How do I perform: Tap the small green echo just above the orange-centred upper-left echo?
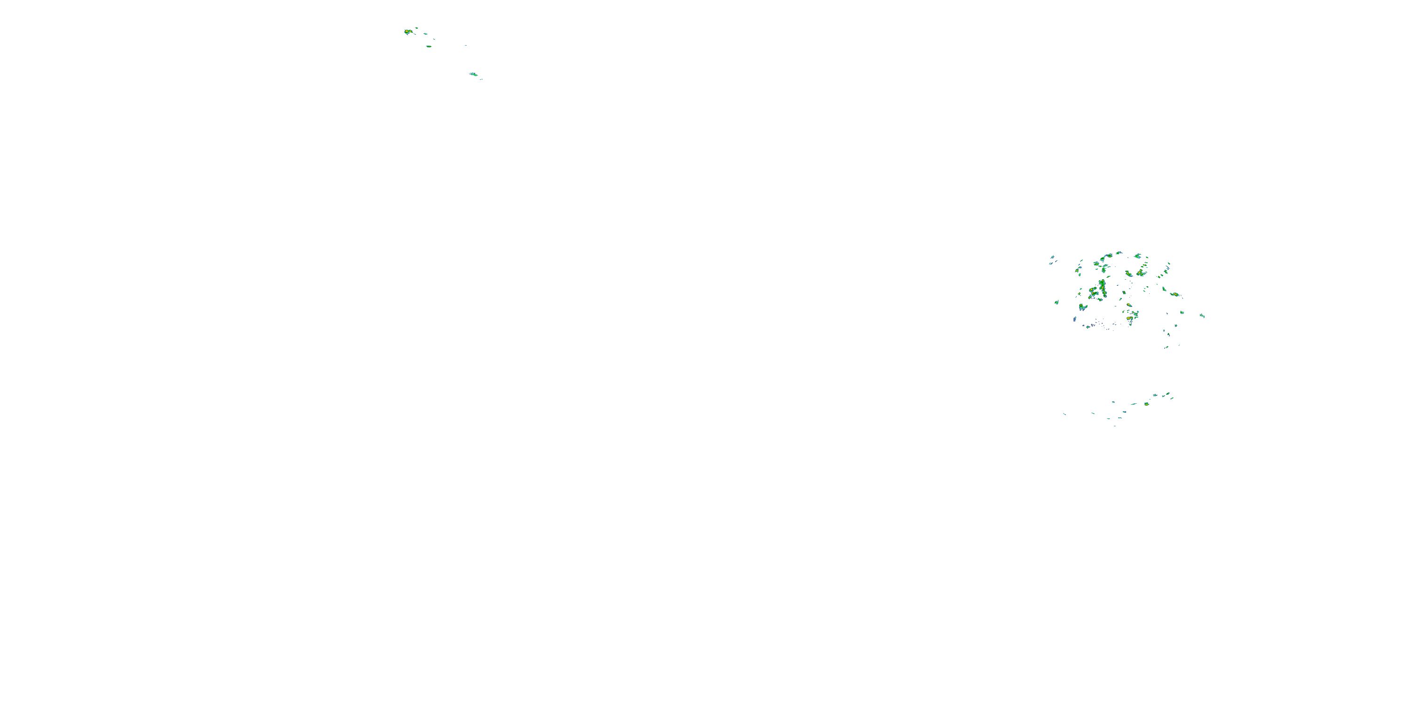416,28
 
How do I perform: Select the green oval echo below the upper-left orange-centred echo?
429,47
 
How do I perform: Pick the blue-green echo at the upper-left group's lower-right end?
474,74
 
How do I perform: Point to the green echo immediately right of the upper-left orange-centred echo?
426,34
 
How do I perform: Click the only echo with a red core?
1130,318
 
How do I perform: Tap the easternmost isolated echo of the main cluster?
1203,316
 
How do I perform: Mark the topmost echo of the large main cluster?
1120,253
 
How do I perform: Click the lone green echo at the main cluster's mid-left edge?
1057,303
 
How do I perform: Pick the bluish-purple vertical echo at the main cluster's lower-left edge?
1075,319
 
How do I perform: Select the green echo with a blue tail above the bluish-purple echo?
1083,306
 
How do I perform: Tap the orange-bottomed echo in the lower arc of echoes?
1147,404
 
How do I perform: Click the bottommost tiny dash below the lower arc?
1115,426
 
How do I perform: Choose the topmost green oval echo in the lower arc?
1168,393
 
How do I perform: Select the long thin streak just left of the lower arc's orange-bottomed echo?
1134,404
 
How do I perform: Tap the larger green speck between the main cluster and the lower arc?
1167,347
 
